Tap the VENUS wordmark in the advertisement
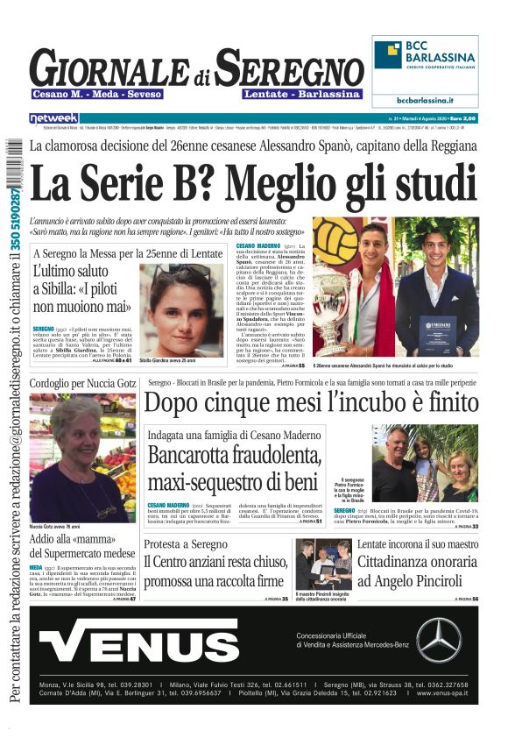pyautogui.click(x=151, y=639)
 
